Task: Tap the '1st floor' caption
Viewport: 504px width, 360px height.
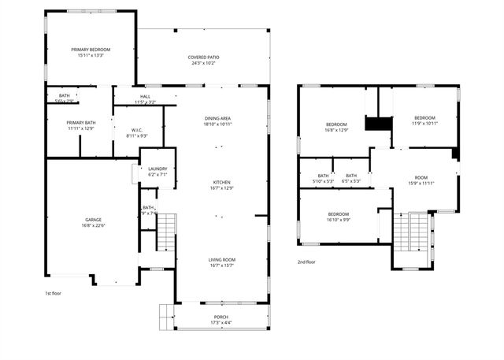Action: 53,293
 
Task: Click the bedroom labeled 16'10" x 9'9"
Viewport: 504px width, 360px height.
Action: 339,217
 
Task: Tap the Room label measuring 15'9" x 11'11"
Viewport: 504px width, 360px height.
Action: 421,180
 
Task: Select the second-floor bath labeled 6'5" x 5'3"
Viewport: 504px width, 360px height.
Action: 351,178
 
